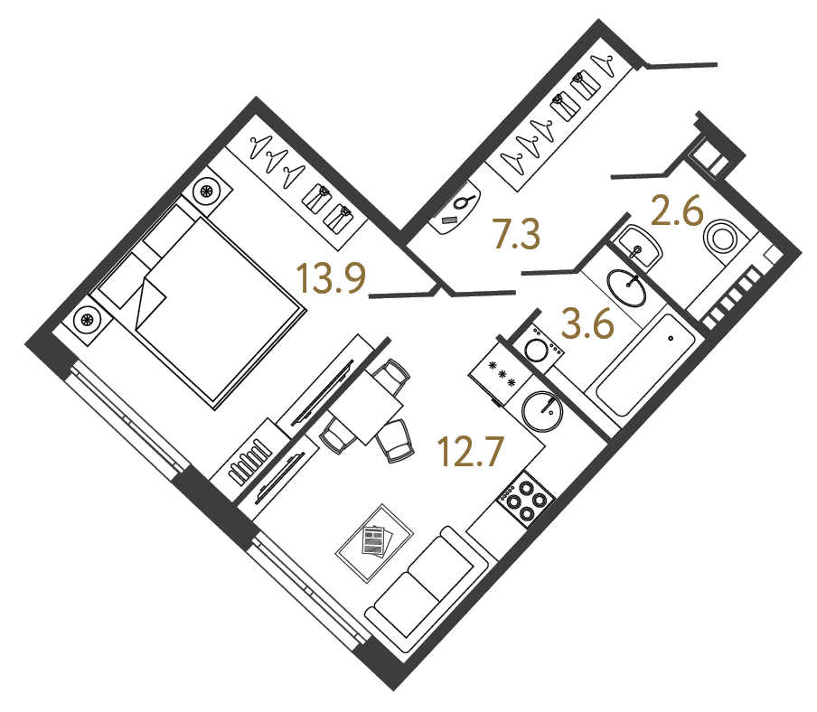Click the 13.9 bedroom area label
[x=331, y=279]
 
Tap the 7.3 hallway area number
[x=515, y=234]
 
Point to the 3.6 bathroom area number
[x=587, y=323]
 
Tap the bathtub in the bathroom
[x=643, y=365]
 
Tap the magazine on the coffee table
[x=373, y=540]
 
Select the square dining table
[x=366, y=412]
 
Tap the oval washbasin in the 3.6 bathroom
[x=625, y=288]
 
